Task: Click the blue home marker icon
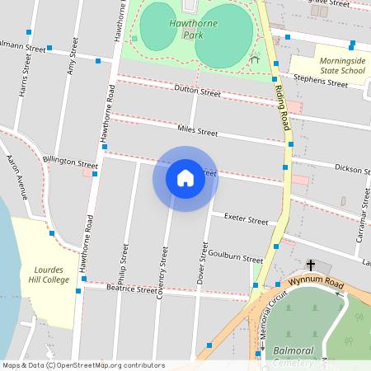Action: (185, 178)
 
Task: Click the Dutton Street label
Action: (197, 92)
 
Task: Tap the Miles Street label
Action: (197, 131)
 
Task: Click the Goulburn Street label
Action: (235, 256)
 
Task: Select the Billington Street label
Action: (70, 160)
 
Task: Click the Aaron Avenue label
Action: (17, 178)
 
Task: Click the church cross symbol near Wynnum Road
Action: (311, 265)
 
